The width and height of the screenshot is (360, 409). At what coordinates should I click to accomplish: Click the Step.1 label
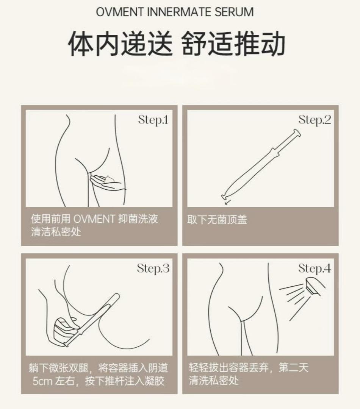click(x=153, y=120)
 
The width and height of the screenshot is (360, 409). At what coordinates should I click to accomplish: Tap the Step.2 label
click(x=315, y=120)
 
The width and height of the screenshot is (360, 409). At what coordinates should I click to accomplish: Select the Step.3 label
click(x=153, y=269)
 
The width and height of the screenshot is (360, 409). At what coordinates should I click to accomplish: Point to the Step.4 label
click(x=315, y=269)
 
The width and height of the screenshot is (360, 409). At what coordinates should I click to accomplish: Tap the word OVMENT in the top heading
click(x=120, y=12)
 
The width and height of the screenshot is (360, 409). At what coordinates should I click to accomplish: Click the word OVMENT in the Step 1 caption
click(x=94, y=219)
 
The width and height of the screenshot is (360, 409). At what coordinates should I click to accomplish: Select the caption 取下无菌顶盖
click(x=217, y=220)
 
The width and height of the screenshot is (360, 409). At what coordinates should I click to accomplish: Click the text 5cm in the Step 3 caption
click(x=42, y=381)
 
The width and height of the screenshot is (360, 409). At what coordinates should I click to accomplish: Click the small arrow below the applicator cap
click(x=228, y=202)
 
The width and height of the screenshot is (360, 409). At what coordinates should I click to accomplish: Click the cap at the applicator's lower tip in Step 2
click(x=224, y=197)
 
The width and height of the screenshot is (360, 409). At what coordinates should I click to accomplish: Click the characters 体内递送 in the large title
click(x=121, y=43)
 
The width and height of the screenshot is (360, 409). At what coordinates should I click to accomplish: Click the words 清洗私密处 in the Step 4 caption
click(x=214, y=380)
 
